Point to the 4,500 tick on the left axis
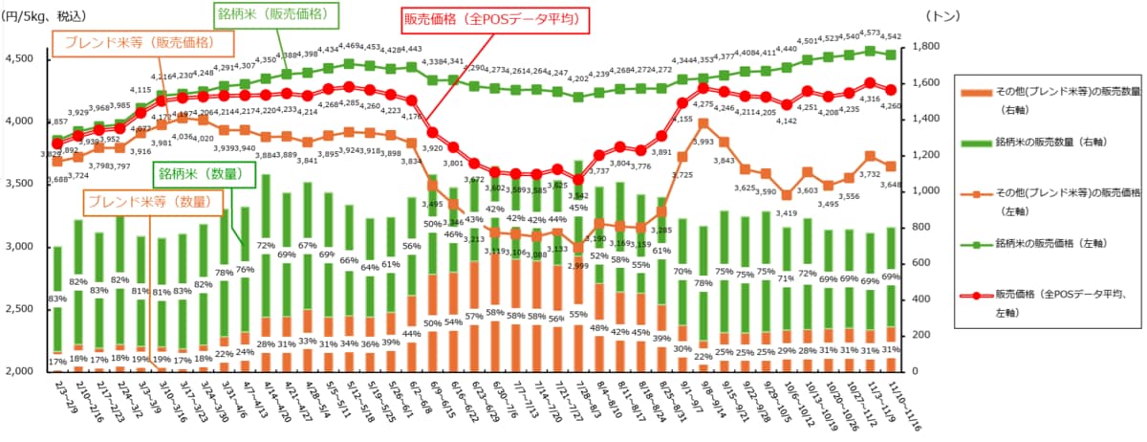pos(20,59)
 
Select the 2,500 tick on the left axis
pos(20,309)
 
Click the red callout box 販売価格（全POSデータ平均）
pos(491,18)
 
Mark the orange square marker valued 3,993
pos(703,122)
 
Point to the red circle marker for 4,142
pos(787,105)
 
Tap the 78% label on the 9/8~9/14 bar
pos(703,282)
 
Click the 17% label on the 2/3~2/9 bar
pos(57,361)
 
